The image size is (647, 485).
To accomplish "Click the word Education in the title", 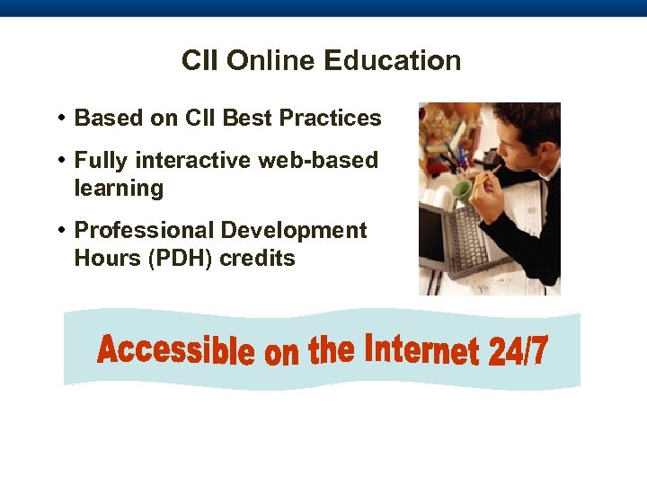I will point(392,61).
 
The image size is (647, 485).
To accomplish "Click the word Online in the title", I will point(270,61).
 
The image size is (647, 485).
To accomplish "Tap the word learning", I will point(119,189).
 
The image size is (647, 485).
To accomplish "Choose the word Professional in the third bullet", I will point(144,231).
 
